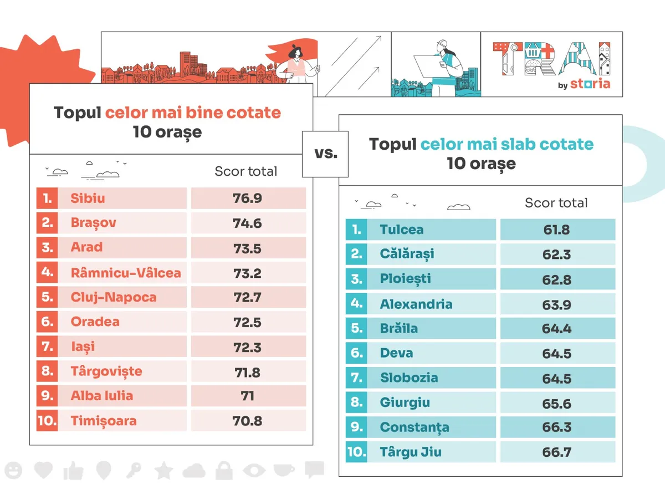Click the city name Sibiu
pyautogui.click(x=88, y=198)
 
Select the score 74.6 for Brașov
pyautogui.click(x=247, y=223)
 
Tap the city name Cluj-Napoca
pyautogui.click(x=114, y=297)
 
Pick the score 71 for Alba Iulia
pyautogui.click(x=247, y=396)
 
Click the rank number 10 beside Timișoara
pyautogui.click(x=47, y=421)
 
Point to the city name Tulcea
pyautogui.click(x=402, y=230)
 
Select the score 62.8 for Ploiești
pyautogui.click(x=556, y=279)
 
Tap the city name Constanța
pyautogui.click(x=415, y=427)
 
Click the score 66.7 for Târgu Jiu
pyautogui.click(x=556, y=452)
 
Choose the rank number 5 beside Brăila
pyautogui.click(x=356, y=328)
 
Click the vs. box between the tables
pyautogui.click(x=325, y=154)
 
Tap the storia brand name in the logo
pyautogui.click(x=590, y=84)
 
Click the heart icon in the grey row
pyautogui.click(x=43, y=471)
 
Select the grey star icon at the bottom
pyautogui.click(x=163, y=471)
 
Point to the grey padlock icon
pyautogui.click(x=224, y=471)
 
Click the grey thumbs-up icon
pyautogui.click(x=73, y=471)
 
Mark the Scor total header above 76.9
pyautogui.click(x=245, y=171)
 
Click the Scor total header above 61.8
pyautogui.click(x=556, y=203)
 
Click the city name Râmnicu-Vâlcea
pyautogui.click(x=126, y=273)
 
